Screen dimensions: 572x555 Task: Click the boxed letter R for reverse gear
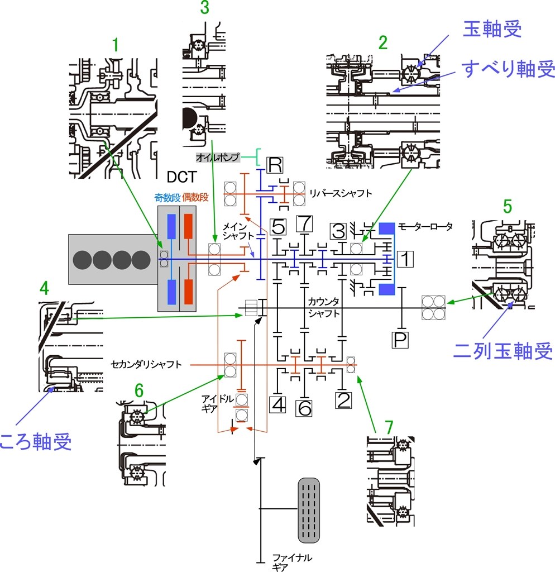click(275, 165)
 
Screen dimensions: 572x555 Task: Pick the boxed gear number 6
click(304, 408)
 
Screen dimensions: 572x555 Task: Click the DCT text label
click(182, 178)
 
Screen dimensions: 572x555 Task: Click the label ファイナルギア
click(291, 562)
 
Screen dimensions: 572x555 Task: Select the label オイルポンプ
click(217, 158)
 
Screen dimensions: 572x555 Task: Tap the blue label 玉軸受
click(492, 30)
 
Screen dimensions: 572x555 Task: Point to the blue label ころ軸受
click(36, 443)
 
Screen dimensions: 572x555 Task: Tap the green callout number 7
click(389, 427)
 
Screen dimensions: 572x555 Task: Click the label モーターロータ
click(425, 227)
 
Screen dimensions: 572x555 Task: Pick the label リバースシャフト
click(340, 193)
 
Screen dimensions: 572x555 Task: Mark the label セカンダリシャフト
click(146, 365)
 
